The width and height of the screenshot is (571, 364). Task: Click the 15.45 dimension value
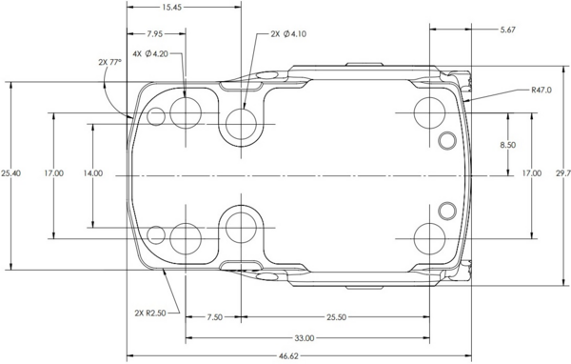pos(172,7)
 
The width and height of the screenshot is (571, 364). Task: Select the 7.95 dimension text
pos(155,34)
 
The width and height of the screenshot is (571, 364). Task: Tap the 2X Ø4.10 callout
pos(288,34)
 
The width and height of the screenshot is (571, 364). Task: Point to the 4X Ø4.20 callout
pos(150,53)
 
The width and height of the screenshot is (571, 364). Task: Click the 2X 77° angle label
pos(109,62)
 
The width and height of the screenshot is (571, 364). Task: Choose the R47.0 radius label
pos(541,90)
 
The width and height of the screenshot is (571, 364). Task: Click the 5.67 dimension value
pos(507,30)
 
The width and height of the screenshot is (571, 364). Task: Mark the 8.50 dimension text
pos(507,145)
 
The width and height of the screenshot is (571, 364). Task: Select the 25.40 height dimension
pos(10,172)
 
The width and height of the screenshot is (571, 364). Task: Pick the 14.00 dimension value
pos(93,173)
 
